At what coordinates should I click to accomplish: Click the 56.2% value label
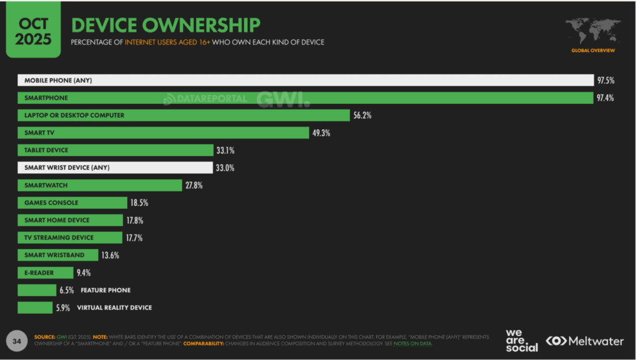[362, 115]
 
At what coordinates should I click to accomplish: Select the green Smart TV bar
[163, 133]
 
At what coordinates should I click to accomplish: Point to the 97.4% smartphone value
[605, 98]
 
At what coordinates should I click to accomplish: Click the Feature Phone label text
[105, 290]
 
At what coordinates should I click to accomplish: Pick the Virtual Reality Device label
[114, 308]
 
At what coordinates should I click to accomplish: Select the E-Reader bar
[45, 273]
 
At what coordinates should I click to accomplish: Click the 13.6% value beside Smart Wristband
[110, 255]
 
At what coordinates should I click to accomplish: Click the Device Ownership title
[165, 25]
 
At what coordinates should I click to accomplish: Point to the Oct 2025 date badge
[33, 31]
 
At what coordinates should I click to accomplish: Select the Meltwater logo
[584, 342]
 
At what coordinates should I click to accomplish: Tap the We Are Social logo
[521, 341]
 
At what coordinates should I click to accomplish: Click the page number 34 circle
[17, 341]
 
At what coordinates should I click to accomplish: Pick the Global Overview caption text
[593, 50]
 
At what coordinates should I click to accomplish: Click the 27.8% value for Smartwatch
[194, 185]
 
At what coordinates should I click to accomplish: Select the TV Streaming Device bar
[70, 238]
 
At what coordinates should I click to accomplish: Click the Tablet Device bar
[115, 150]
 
